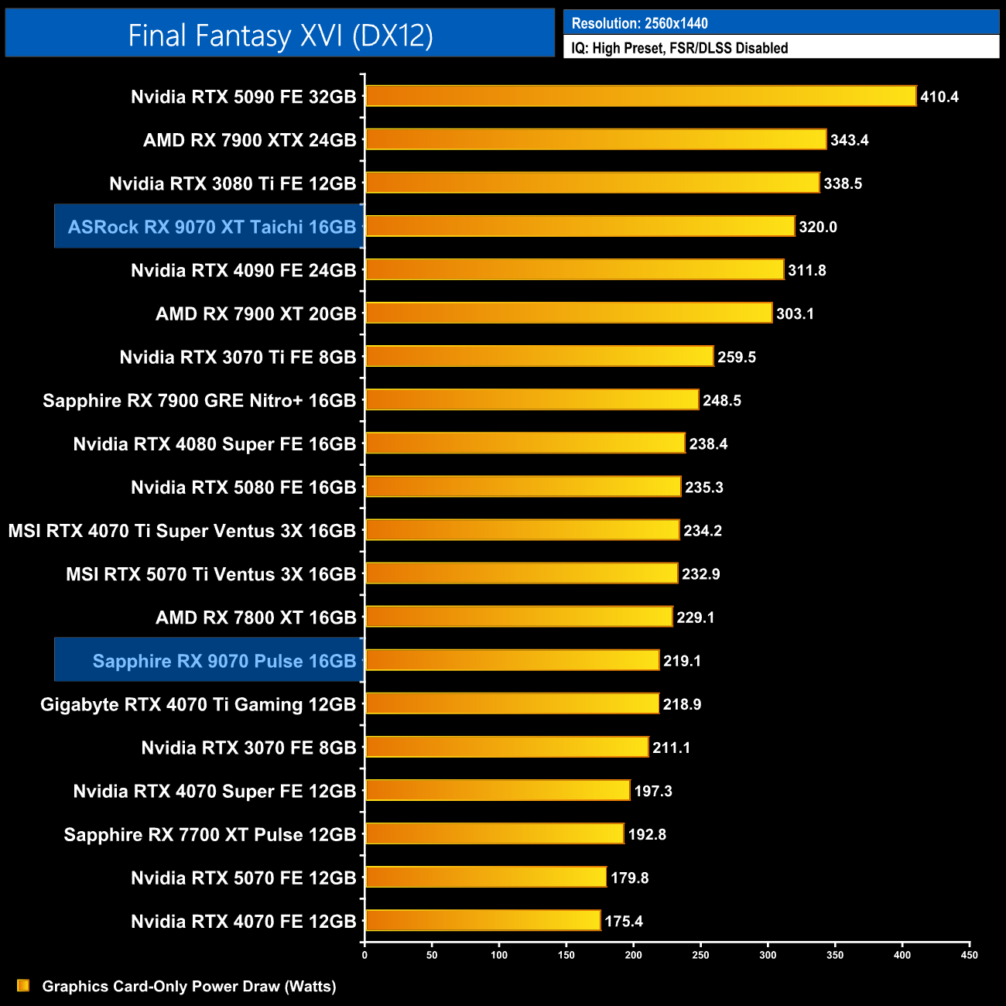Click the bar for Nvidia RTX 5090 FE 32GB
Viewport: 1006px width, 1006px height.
pyautogui.click(x=641, y=96)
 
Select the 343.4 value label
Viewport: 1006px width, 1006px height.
pyautogui.click(x=849, y=140)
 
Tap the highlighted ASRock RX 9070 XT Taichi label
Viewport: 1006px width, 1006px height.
pyautogui.click(x=211, y=227)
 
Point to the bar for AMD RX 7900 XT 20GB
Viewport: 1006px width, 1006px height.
pyautogui.click(x=569, y=313)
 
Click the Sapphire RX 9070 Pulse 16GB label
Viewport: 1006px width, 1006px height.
pyautogui.click(x=224, y=661)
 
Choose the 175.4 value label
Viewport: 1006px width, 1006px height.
pyautogui.click(x=623, y=921)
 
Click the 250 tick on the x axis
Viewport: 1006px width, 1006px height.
pyautogui.click(x=700, y=955)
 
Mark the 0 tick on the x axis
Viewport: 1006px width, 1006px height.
pyautogui.click(x=364, y=955)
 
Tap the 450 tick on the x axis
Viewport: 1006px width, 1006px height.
pyautogui.click(x=969, y=955)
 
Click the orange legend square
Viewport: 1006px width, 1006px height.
pyautogui.click(x=23, y=985)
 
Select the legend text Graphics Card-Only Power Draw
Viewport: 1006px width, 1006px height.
pyautogui.click(x=189, y=986)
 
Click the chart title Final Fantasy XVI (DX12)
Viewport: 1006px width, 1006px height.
pyautogui.click(x=280, y=35)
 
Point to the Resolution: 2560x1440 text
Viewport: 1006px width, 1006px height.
pyautogui.click(x=639, y=23)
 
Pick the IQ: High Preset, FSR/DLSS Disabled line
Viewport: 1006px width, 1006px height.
pyautogui.click(x=679, y=48)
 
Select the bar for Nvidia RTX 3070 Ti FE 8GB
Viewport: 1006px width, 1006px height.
pyautogui.click(x=539, y=356)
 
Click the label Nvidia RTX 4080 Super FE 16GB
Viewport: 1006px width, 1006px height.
pyautogui.click(x=214, y=444)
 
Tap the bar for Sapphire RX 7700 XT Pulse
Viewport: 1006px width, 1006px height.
pyautogui.click(x=494, y=833)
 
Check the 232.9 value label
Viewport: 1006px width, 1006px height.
pyautogui.click(x=700, y=574)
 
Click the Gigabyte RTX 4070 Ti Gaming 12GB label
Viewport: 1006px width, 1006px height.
pyautogui.click(x=198, y=704)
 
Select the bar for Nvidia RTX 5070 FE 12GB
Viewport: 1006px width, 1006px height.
pyautogui.click(x=486, y=877)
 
